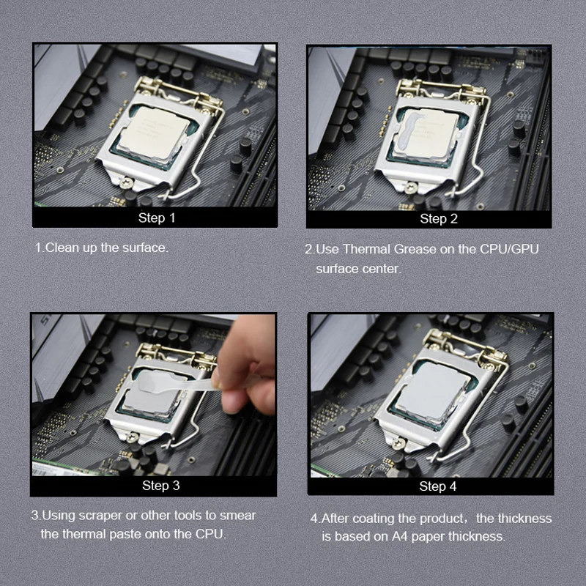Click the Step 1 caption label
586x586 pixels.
click(157, 218)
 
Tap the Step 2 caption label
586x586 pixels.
click(439, 218)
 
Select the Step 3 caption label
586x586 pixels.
click(161, 485)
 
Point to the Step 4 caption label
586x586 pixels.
click(438, 486)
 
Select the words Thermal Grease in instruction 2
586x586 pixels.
click(382, 249)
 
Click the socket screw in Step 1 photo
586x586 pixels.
click(129, 184)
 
